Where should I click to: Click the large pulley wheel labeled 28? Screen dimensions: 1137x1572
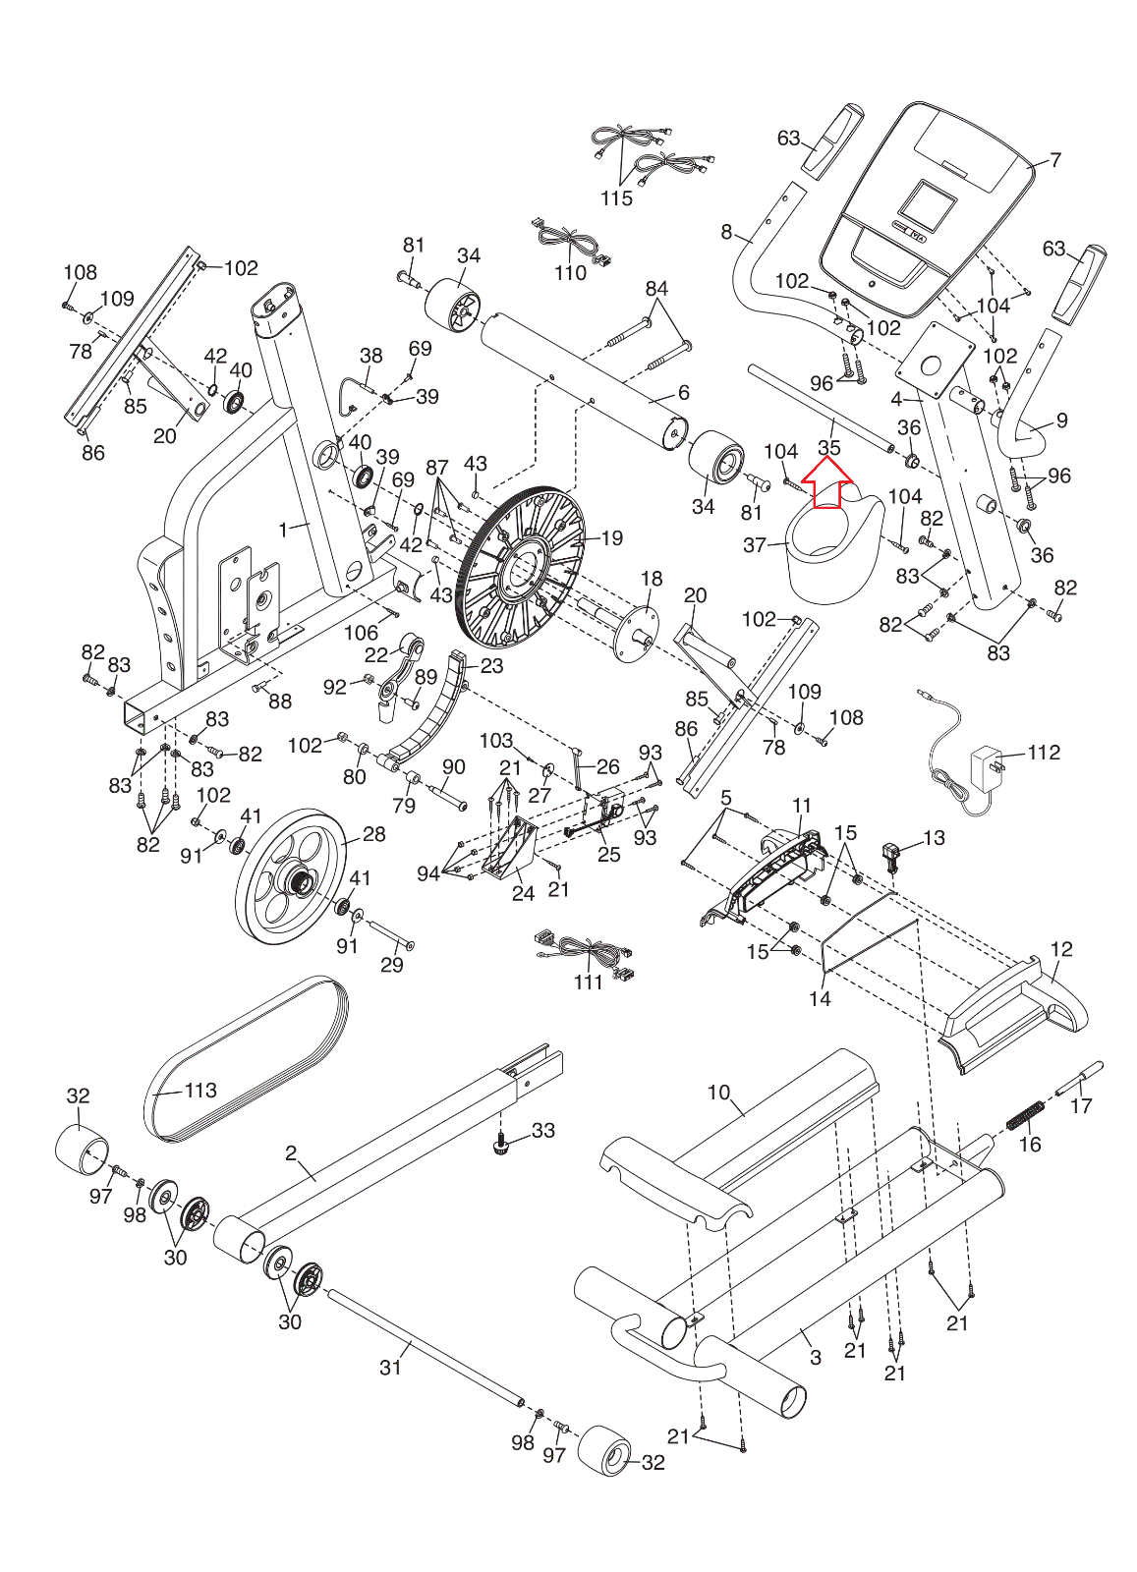pos(291,877)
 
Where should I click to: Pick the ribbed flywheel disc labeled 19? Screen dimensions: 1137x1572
pos(521,559)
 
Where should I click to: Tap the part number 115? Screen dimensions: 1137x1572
pos(616,197)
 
